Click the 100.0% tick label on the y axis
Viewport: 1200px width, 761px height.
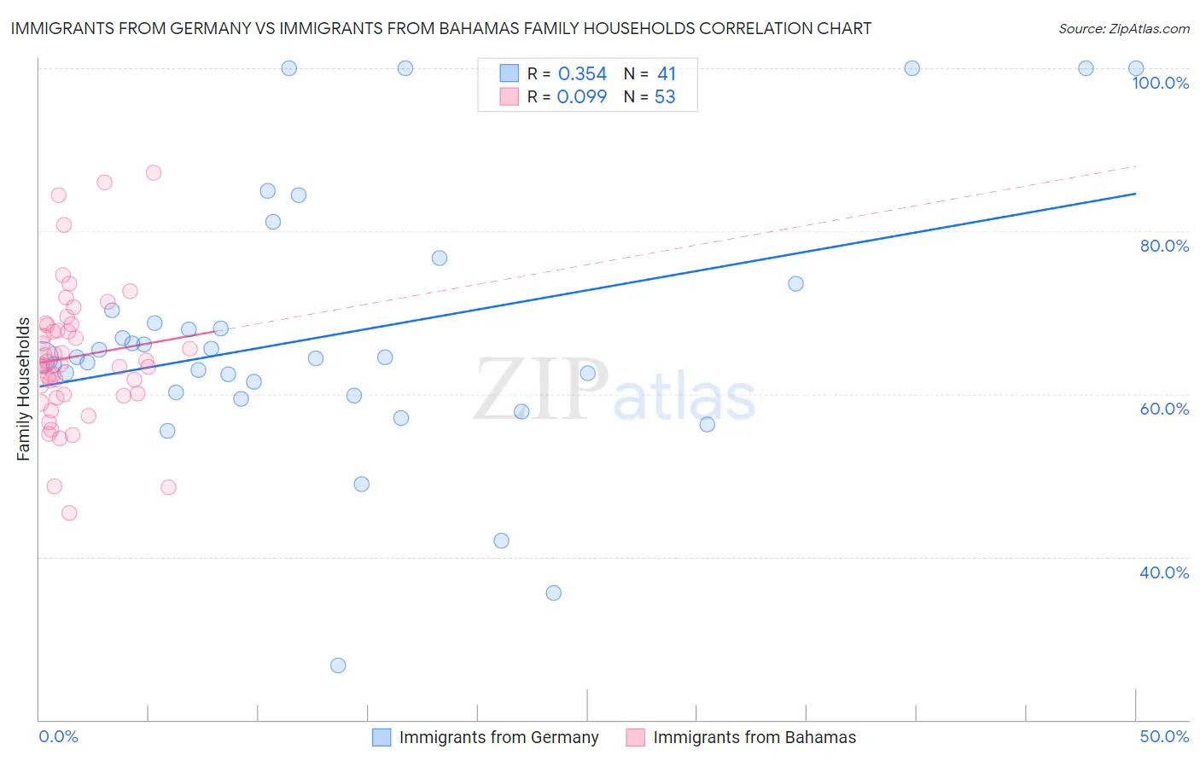1160,83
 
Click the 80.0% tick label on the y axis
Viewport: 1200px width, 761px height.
1164,246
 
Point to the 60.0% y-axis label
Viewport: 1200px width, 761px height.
1164,409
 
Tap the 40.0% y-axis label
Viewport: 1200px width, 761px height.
1164,572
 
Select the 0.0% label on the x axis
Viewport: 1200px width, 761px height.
58,736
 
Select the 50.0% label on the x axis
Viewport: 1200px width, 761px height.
1164,736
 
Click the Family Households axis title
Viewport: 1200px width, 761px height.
24,389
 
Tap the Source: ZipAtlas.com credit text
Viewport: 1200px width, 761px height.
1123,28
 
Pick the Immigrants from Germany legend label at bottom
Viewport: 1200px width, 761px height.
498,737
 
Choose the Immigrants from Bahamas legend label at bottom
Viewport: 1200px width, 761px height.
754,737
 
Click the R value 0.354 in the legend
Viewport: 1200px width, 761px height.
582,74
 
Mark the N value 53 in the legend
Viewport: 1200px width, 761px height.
665,97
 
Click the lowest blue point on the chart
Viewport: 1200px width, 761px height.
338,665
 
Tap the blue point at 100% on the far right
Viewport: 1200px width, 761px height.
1136,68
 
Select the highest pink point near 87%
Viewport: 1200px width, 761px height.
154,172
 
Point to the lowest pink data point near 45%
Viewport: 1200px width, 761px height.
69,513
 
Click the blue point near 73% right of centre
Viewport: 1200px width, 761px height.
795,283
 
